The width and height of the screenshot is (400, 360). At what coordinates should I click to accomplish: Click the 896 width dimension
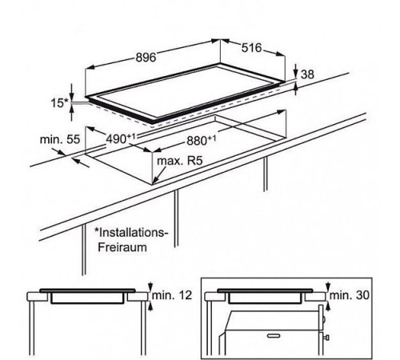click(x=146, y=58)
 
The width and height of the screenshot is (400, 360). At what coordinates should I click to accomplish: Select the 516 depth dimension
click(x=251, y=48)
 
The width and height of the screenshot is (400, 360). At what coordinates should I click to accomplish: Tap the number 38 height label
click(x=307, y=74)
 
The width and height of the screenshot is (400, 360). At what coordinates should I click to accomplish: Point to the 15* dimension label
click(x=60, y=103)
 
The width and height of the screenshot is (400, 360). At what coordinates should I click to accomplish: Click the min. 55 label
click(x=60, y=139)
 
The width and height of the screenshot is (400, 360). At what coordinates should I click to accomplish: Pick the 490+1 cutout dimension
click(x=121, y=138)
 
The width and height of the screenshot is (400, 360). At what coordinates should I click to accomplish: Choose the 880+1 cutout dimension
click(x=202, y=141)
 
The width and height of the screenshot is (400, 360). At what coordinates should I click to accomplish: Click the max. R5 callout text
click(x=180, y=161)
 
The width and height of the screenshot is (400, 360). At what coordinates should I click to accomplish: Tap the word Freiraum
click(x=122, y=247)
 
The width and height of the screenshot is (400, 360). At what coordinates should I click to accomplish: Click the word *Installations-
click(x=131, y=233)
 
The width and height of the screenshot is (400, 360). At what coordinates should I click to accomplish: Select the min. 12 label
click(x=172, y=295)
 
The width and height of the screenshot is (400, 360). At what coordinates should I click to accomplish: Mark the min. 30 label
click(x=350, y=295)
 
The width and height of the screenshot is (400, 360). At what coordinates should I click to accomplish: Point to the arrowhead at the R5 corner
click(x=155, y=182)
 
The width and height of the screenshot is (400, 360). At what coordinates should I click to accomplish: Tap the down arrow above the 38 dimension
click(x=295, y=71)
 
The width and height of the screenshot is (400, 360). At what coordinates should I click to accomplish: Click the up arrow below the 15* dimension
click(x=71, y=113)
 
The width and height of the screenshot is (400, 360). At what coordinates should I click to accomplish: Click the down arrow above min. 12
click(x=150, y=286)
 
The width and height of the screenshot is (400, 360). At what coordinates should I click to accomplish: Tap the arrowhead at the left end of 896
click(x=91, y=67)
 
